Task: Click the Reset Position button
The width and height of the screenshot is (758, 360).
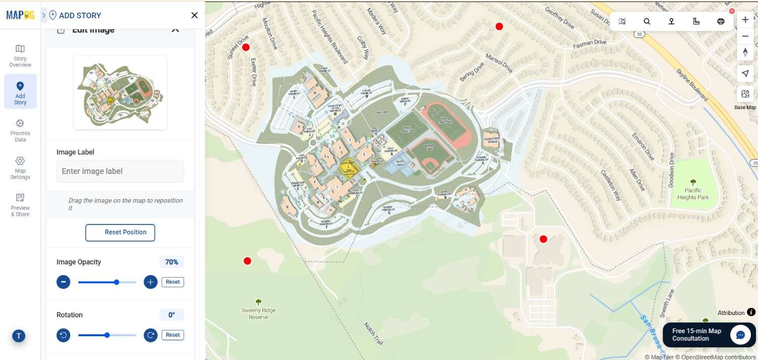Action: pyautogui.click(x=120, y=233)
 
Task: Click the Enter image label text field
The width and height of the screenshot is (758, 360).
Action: pyautogui.click(x=120, y=171)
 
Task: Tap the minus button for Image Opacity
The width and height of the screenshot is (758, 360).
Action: pyautogui.click(x=63, y=282)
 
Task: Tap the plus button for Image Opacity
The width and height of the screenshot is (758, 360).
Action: pyautogui.click(x=151, y=282)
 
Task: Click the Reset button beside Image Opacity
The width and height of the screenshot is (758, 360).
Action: pyautogui.click(x=173, y=282)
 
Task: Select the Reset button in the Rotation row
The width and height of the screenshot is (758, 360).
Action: pyautogui.click(x=173, y=335)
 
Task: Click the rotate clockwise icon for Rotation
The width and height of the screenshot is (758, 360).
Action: pyautogui.click(x=151, y=335)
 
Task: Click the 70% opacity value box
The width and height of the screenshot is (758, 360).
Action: pyautogui.click(x=172, y=262)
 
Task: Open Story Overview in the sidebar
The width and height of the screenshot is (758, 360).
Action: pyautogui.click(x=20, y=56)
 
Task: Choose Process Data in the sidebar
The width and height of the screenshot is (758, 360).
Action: pyautogui.click(x=20, y=130)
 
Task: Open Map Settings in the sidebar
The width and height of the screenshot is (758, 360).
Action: pyautogui.click(x=20, y=167)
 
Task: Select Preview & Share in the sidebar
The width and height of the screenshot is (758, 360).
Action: pyautogui.click(x=20, y=204)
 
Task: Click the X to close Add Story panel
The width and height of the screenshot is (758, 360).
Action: pyautogui.click(x=194, y=15)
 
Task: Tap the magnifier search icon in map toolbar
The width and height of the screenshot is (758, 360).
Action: pyautogui.click(x=647, y=21)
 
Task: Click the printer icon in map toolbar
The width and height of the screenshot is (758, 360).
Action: pyautogui.click(x=721, y=21)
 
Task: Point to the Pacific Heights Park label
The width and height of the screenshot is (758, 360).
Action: pyautogui.click(x=693, y=194)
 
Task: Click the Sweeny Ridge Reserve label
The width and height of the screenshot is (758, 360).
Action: pyautogui.click(x=258, y=313)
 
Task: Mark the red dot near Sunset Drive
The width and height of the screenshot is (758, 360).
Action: pyautogui.click(x=246, y=48)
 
